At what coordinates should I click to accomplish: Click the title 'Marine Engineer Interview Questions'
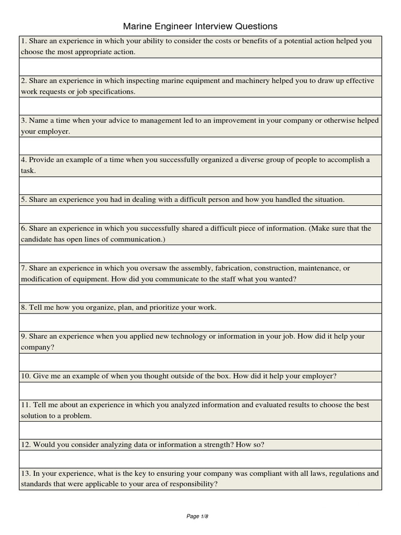point(200,26)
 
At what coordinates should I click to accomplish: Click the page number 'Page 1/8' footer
point(197,517)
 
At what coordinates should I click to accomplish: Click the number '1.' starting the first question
point(24,41)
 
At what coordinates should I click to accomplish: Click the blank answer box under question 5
point(200,214)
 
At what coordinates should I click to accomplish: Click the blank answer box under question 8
point(200,322)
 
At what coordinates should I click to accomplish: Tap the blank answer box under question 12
point(200,459)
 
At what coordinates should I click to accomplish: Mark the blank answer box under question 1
point(200,66)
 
